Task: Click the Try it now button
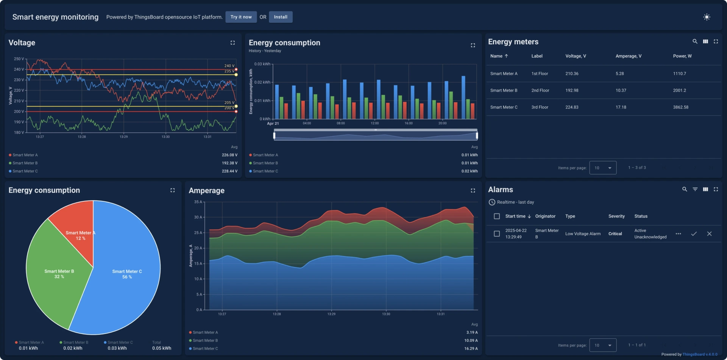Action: (241, 17)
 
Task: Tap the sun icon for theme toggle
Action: (707, 17)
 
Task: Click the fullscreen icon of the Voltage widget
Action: (232, 43)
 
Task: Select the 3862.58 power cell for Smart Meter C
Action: (680, 107)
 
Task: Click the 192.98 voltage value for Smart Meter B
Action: (572, 90)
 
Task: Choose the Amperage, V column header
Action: (628, 56)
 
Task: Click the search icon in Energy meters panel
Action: (695, 42)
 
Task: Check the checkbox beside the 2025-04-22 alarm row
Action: (497, 234)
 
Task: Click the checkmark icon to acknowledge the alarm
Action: (694, 234)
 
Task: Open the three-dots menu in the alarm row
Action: (678, 234)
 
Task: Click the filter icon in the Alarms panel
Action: (695, 189)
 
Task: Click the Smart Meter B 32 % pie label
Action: (59, 274)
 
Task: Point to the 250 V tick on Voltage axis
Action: (19, 59)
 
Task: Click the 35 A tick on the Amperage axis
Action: (198, 202)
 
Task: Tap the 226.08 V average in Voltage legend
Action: (229, 155)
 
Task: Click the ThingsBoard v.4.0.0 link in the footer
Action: (699, 355)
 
